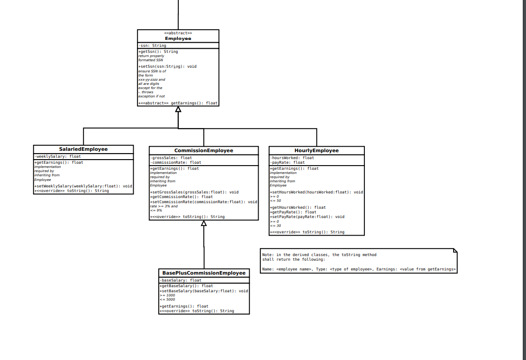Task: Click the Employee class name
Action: click(x=178, y=39)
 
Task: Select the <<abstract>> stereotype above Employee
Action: click(x=178, y=33)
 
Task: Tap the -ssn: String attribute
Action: click(x=152, y=45)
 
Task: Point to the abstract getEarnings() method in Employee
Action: click(x=178, y=103)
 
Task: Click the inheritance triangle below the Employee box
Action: click(x=178, y=109)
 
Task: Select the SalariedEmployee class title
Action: click(x=83, y=149)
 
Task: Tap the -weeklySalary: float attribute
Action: click(x=58, y=157)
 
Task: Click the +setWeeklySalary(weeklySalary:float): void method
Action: click(x=83, y=186)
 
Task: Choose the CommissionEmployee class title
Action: click(x=203, y=151)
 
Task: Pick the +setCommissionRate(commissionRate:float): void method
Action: click(x=203, y=202)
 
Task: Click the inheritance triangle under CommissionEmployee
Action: click(x=204, y=223)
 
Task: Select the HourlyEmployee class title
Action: click(x=316, y=150)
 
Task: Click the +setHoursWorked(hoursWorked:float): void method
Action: click(x=316, y=192)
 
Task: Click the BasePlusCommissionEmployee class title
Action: click(x=203, y=273)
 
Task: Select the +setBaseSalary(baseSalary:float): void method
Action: click(x=203, y=291)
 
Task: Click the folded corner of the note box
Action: click(x=455, y=251)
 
